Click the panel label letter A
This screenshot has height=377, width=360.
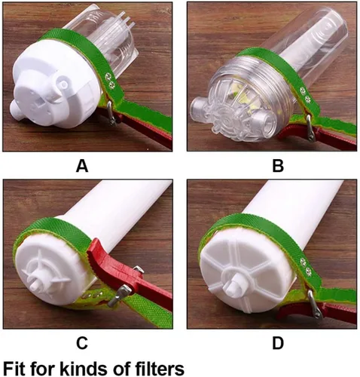pyautogui.click(x=82, y=166)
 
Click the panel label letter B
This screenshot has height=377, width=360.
pyautogui.click(x=278, y=166)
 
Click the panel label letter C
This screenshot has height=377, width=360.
pyautogui.click(x=82, y=343)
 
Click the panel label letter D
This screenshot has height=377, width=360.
pyautogui.click(x=278, y=343)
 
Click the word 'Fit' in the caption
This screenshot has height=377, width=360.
pyautogui.click(x=14, y=368)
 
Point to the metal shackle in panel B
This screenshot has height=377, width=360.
pyautogui.click(x=310, y=127)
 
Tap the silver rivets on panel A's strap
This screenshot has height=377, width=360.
pyautogui.click(x=110, y=80)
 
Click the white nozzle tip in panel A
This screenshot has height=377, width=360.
pyautogui.click(x=16, y=109)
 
